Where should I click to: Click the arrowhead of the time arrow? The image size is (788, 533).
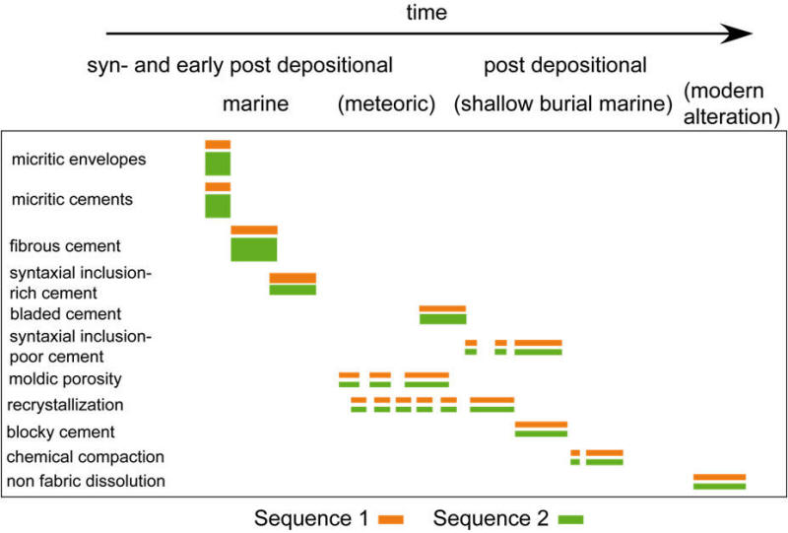(737, 33)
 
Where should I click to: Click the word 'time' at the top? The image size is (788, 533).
(427, 12)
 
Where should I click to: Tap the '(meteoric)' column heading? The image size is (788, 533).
(386, 104)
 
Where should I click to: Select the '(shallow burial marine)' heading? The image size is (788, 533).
(562, 104)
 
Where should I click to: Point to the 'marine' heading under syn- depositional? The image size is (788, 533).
(255, 104)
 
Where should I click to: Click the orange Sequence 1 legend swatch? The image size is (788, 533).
(391, 520)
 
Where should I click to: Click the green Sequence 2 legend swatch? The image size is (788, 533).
(571, 520)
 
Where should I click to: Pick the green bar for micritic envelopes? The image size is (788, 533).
(218, 164)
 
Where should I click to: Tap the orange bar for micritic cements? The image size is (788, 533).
(218, 187)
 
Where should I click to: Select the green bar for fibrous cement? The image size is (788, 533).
(254, 249)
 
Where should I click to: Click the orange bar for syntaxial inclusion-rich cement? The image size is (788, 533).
(293, 278)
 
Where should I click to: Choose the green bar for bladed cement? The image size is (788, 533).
(442, 319)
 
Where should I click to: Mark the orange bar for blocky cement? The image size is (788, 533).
(541, 425)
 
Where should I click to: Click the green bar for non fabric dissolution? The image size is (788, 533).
(720, 487)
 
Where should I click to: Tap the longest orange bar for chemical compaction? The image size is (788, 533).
(605, 453)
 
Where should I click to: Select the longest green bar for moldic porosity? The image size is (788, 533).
(427, 384)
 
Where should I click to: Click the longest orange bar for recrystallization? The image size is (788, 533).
(492, 400)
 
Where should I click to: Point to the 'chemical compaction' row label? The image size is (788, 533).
(86, 456)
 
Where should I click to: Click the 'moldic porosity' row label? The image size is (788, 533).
(65, 379)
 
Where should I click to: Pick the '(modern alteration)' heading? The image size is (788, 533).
(732, 104)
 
